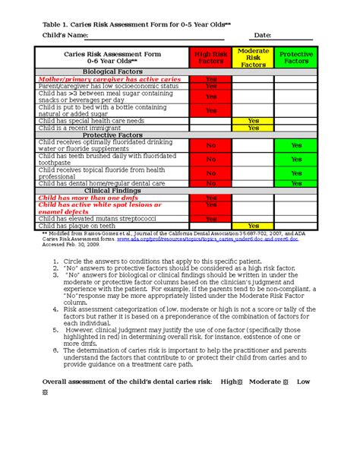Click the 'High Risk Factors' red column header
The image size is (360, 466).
click(210, 57)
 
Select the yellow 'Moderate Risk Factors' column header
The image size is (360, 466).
click(253, 57)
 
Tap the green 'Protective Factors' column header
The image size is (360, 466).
click(295, 57)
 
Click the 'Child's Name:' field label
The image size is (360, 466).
click(65, 36)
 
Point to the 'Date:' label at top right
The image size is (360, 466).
click(263, 36)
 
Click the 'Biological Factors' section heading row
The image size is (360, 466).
click(112, 71)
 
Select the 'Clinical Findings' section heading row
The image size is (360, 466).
click(112, 191)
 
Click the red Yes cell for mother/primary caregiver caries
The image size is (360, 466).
click(210, 78)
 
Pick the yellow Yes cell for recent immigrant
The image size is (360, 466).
click(253, 128)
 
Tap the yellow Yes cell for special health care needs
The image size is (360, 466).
click(253, 120)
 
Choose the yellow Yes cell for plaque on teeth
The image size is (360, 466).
click(253, 226)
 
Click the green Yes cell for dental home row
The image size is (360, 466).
click(295, 183)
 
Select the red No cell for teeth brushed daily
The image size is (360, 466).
click(210, 159)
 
